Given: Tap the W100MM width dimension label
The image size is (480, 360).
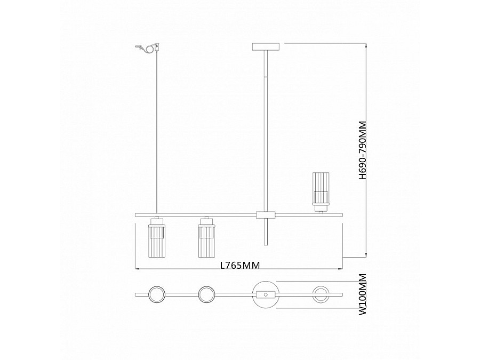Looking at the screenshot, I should pos(363,293).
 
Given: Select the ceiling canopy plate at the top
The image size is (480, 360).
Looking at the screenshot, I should pos(265,47).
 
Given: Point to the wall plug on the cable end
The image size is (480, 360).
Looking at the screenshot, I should pos(157,47).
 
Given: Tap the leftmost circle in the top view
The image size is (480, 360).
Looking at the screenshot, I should pos(157,294).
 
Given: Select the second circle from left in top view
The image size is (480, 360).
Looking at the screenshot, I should pos(206,294).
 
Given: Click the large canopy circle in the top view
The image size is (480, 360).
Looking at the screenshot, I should pos(265,294).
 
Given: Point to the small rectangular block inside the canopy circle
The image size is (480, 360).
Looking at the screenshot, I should pos(265,294).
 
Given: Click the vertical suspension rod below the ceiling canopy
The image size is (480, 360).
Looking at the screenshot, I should pos(265,128).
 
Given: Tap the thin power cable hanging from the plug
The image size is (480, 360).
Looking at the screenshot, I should pos(157,133).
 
